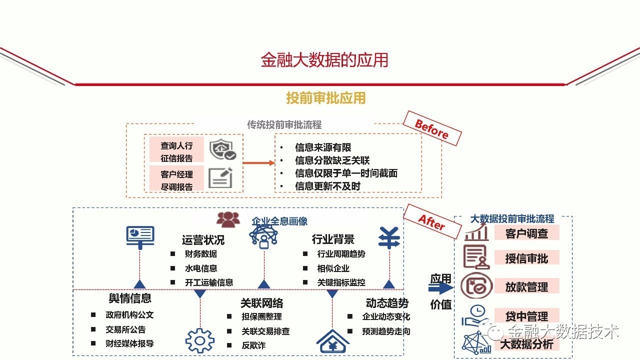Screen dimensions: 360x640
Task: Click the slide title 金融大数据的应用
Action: (x=324, y=60)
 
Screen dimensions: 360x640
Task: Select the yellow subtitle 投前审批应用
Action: (x=325, y=98)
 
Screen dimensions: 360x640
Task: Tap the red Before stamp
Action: (x=431, y=128)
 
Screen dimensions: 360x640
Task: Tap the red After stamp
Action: (x=431, y=222)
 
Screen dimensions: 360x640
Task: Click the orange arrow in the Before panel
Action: (x=258, y=162)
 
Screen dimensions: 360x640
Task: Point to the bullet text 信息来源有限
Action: (x=323, y=147)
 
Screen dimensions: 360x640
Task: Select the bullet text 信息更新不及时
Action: (x=327, y=186)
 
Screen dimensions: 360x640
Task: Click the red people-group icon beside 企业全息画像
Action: (x=228, y=219)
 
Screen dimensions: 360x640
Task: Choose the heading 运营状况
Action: (x=203, y=240)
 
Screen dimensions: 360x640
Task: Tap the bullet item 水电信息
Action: (x=201, y=268)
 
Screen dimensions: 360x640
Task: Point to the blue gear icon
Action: (x=200, y=340)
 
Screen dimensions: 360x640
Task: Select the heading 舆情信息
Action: (x=130, y=298)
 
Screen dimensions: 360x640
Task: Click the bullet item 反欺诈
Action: (x=253, y=345)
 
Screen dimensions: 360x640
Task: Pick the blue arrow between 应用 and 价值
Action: (x=440, y=288)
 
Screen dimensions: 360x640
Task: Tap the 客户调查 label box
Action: (x=526, y=233)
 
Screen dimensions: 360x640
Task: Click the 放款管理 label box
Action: (x=526, y=287)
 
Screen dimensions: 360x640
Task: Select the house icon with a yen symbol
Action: (x=333, y=341)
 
